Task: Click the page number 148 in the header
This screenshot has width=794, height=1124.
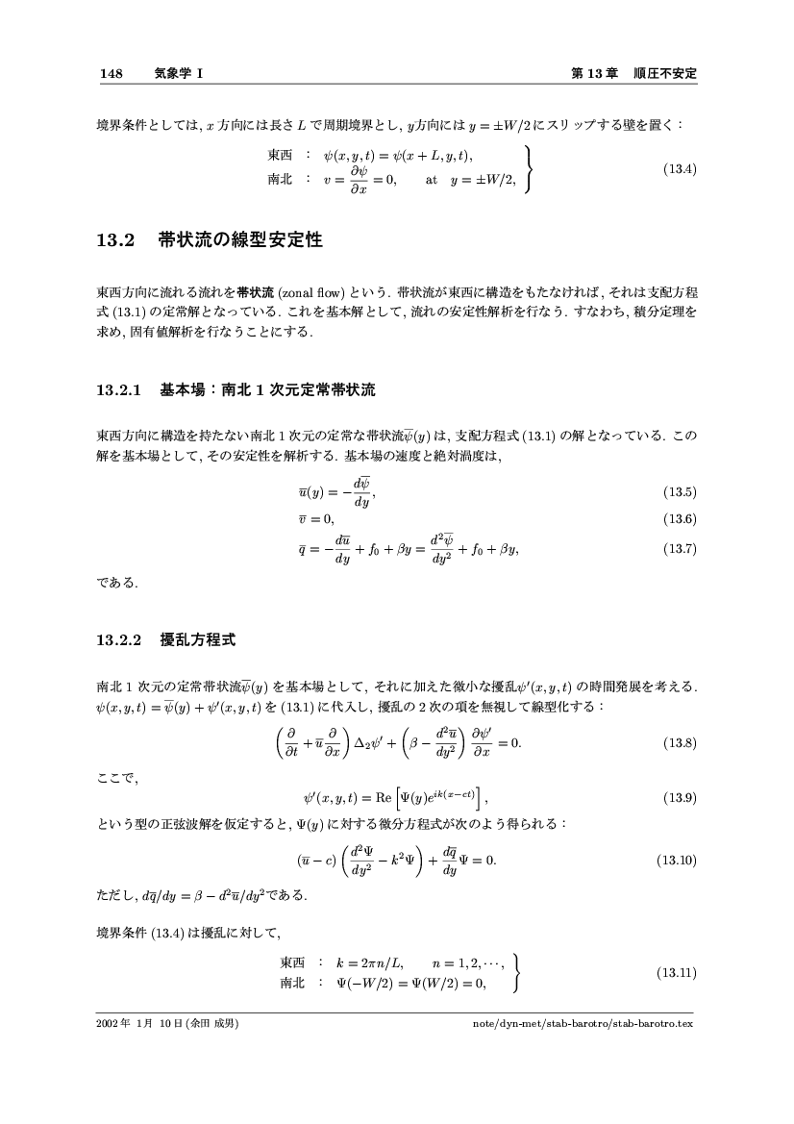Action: [111, 73]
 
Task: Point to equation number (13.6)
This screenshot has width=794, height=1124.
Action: [680, 519]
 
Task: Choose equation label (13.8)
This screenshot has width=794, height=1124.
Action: [680, 743]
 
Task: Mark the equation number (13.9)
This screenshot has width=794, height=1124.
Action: [680, 796]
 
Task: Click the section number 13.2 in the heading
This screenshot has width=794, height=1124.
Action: [113, 241]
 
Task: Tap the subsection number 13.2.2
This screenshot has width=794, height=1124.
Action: [119, 638]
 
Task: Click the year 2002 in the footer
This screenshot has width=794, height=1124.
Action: [109, 1024]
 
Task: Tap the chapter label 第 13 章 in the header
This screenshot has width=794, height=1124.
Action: [594, 73]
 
